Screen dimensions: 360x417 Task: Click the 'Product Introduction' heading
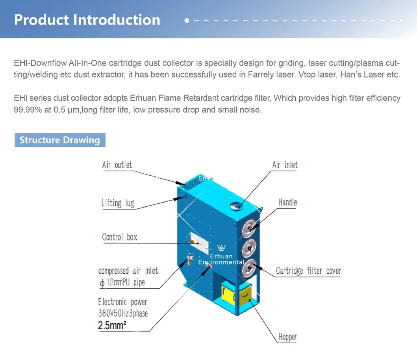(87, 20)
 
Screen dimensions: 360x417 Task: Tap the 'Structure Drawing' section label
(60, 140)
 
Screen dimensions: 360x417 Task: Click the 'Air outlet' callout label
(117, 165)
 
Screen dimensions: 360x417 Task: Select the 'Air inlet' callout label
(285, 165)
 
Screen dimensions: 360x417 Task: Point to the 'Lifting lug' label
(117, 203)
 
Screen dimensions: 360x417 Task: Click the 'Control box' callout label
(120, 237)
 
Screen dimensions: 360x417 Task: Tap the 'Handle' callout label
(287, 202)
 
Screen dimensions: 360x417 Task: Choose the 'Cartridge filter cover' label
(308, 271)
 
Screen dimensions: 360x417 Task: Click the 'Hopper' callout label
(287, 337)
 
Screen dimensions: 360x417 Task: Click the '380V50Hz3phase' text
(123, 314)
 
